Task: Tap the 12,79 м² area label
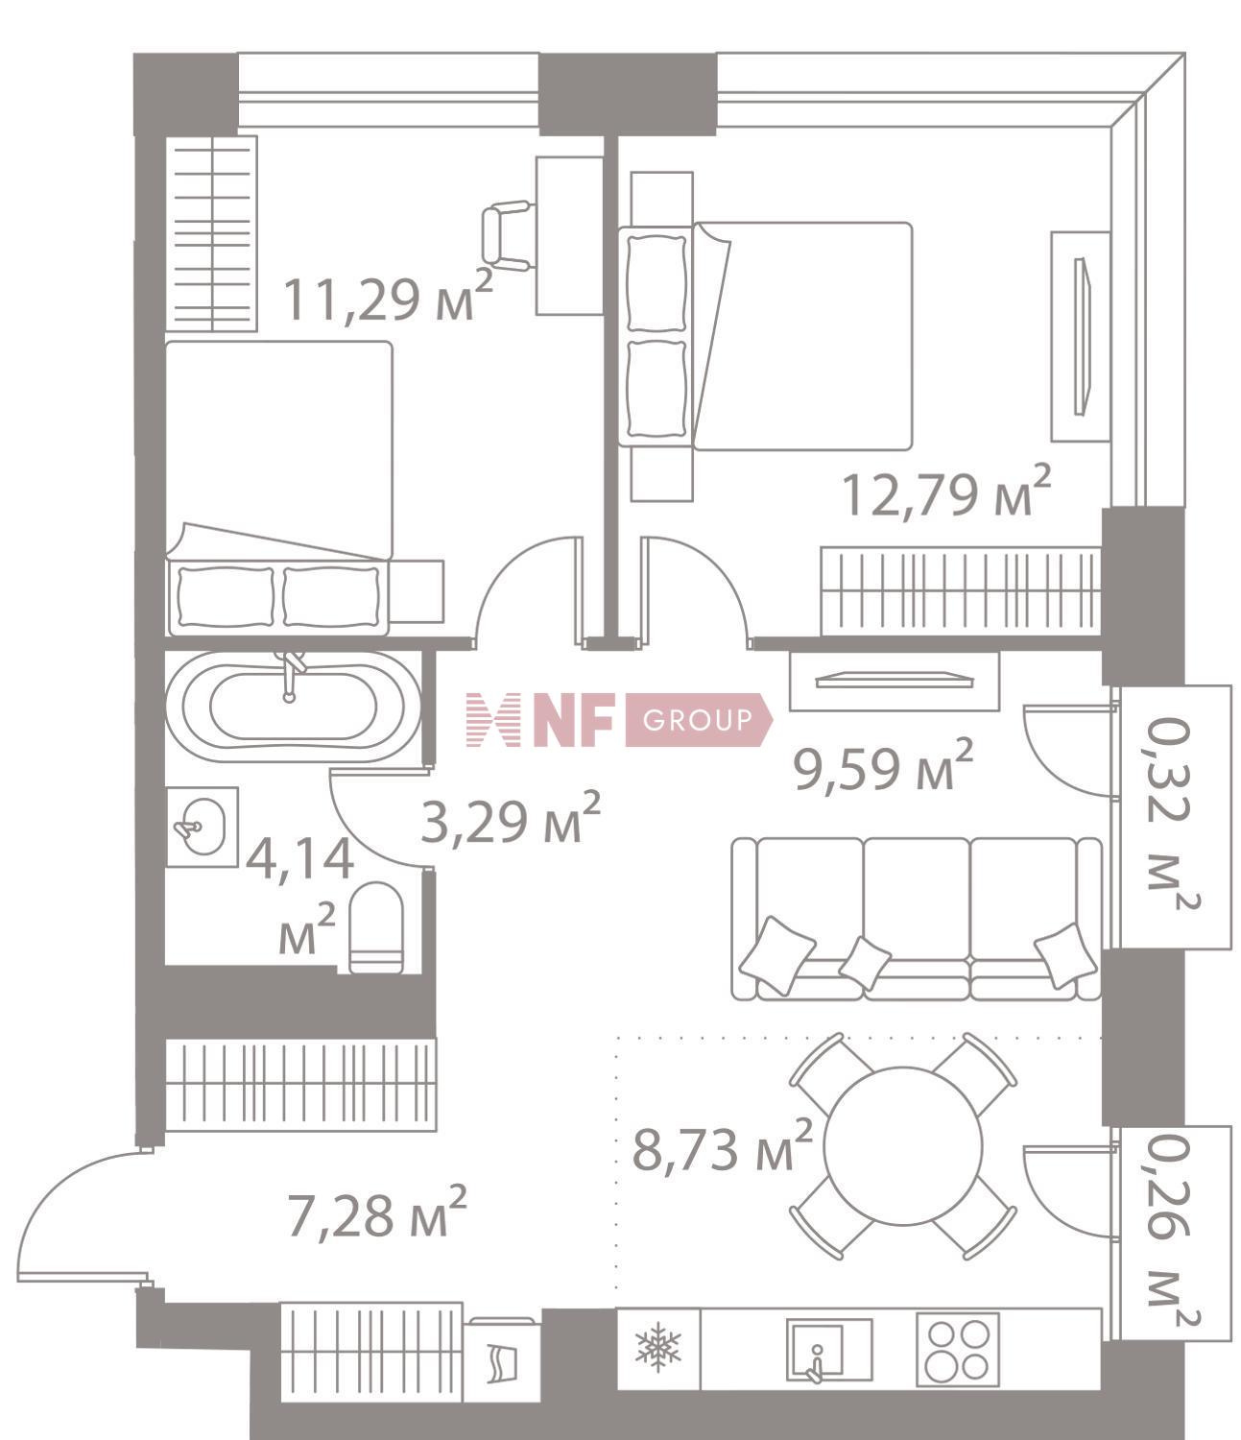945,492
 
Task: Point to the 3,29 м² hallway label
511,819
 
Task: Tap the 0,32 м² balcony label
1173,816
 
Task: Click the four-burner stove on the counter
957,1349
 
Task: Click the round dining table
902,1145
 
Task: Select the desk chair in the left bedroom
506,236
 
